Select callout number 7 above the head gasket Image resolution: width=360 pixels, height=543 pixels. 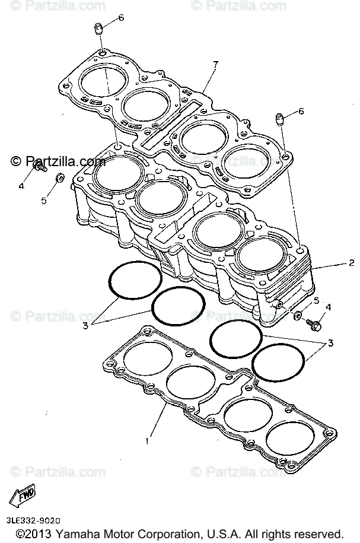[x=216, y=64]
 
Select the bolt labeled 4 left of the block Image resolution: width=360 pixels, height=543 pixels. [x=40, y=170]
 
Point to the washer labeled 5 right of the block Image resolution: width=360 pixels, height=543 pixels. [x=298, y=315]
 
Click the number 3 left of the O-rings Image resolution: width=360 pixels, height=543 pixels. [x=85, y=325]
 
